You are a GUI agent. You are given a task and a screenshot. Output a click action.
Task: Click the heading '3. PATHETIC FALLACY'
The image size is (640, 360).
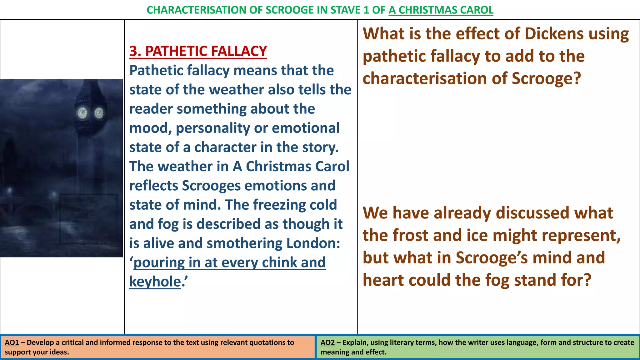(x=198, y=51)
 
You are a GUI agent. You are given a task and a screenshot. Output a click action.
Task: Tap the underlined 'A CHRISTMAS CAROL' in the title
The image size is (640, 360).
(x=441, y=10)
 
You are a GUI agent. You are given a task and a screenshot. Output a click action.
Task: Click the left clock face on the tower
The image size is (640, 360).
(x=82, y=113)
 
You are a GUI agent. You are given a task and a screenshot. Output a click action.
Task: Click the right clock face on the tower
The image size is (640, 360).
(x=99, y=113)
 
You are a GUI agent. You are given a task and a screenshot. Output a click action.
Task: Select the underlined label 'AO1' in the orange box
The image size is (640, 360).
(x=12, y=342)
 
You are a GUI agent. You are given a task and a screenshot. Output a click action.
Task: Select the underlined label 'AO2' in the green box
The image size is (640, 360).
(x=327, y=342)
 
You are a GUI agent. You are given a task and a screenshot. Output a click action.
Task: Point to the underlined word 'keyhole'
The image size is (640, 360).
(x=155, y=282)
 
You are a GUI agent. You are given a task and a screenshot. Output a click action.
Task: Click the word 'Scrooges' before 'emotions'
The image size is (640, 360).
(x=211, y=186)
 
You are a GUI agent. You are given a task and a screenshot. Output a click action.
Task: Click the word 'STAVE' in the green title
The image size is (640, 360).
(x=345, y=10)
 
